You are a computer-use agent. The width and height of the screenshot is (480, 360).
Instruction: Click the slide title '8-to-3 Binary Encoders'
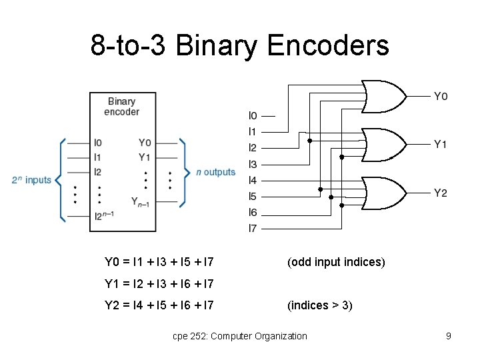pos(239,45)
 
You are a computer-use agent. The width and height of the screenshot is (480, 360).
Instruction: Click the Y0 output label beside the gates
pos(441,97)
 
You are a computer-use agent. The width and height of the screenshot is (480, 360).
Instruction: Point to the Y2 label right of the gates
pos(441,193)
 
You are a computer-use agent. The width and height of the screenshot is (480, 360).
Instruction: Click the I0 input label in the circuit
pos(253,115)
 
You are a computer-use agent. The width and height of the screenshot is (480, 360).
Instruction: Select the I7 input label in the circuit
pos(253,229)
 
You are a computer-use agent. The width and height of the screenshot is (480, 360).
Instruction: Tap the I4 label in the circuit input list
pos(253,180)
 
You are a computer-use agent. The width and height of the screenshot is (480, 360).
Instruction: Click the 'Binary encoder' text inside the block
pos(122,107)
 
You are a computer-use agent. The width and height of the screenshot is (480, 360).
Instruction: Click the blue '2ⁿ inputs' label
pos(31,180)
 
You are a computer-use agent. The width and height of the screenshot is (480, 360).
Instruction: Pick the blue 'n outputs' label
pos(215,172)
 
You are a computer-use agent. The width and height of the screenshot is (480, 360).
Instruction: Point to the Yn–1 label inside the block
pos(140,202)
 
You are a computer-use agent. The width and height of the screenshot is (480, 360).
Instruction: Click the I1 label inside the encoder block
pos(98,157)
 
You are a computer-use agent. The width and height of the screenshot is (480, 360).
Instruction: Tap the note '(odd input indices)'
pos(336,262)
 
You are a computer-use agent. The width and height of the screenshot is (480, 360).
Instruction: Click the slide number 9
pos(449,336)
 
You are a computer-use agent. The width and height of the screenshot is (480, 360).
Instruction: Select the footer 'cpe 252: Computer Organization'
pos(240,336)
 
